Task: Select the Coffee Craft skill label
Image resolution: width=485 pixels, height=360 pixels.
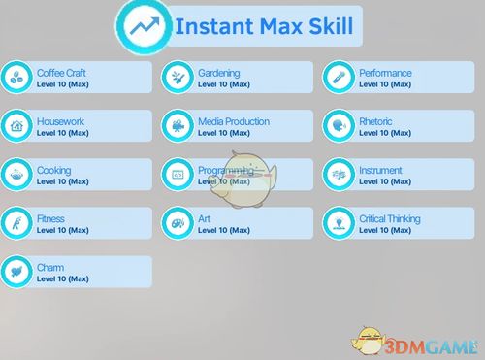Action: click(61, 73)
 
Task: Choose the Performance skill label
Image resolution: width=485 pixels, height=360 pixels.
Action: click(385, 73)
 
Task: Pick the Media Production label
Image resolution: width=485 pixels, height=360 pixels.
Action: click(234, 121)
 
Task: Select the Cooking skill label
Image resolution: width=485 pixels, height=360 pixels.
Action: click(53, 170)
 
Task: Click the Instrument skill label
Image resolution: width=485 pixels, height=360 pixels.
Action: click(380, 170)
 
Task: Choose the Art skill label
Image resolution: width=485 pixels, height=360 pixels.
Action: click(204, 219)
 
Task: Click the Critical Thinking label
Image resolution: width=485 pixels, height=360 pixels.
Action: click(390, 219)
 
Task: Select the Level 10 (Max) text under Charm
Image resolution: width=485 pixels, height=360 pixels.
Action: click(62, 279)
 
